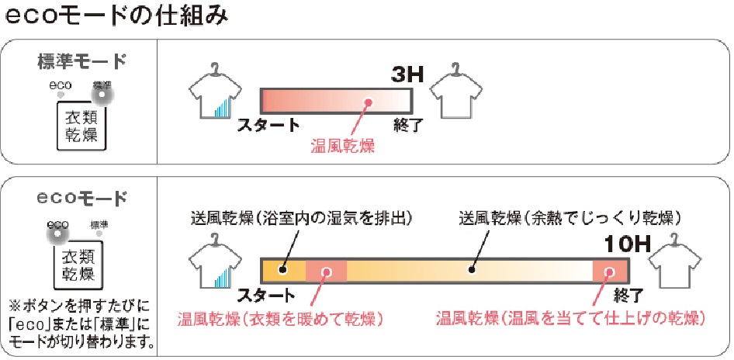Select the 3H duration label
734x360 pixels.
[407, 75]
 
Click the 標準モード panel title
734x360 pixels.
[81, 62]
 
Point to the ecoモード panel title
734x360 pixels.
[81, 199]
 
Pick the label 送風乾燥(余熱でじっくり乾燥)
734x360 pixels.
[570, 218]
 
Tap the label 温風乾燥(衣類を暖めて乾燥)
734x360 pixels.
[280, 320]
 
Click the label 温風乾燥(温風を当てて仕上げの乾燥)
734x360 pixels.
[570, 320]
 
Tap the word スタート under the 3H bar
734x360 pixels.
[268, 126]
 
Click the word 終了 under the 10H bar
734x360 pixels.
[628, 296]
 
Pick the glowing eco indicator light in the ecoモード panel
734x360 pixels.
[57, 234]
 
